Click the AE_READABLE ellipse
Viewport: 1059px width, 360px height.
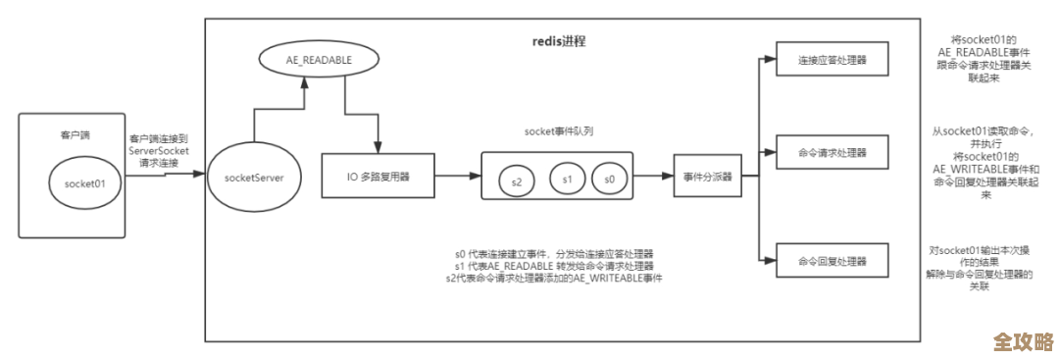[307, 60]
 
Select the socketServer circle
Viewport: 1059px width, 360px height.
[253, 177]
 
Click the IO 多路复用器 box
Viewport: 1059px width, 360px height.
[378, 178]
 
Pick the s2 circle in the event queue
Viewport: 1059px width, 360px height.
[517, 180]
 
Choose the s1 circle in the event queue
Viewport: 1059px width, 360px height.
[566, 180]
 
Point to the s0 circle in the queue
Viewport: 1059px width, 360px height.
[610, 180]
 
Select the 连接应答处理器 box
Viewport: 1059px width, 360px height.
[832, 60]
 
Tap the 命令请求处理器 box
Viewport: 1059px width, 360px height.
[832, 154]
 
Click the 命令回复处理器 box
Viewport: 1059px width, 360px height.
[832, 261]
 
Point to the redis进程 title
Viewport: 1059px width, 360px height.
[558, 42]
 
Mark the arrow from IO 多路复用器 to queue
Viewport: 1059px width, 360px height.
[457, 178]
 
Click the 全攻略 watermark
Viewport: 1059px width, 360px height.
[1023, 341]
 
